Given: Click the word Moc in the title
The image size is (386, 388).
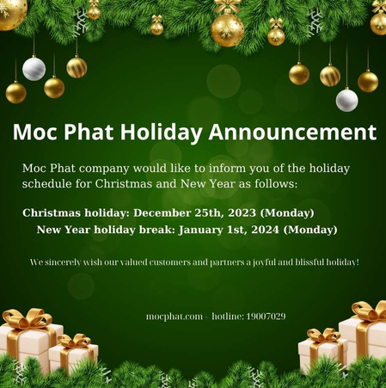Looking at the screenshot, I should point(38,132).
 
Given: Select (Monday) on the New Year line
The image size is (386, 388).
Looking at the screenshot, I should point(310,230).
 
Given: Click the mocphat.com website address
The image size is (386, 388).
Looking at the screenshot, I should point(175,317).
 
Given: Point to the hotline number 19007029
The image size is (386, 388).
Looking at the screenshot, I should point(265,317).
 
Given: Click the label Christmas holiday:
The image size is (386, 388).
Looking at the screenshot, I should point(77,212).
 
